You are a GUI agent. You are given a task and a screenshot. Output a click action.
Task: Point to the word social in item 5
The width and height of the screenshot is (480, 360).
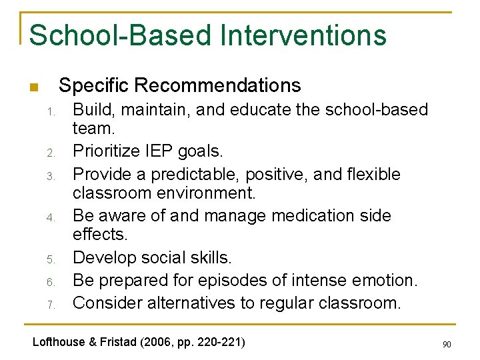coord(182,258)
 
